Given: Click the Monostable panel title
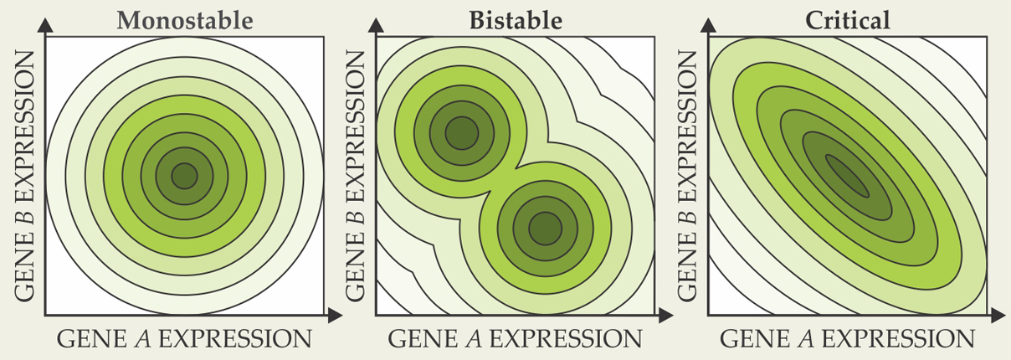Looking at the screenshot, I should [184, 19].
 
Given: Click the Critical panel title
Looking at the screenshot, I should [847, 19].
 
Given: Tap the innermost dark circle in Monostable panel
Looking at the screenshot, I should [184, 176].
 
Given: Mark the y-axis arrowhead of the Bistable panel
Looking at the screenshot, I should [377, 26].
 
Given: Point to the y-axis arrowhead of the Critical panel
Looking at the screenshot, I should [708, 26].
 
